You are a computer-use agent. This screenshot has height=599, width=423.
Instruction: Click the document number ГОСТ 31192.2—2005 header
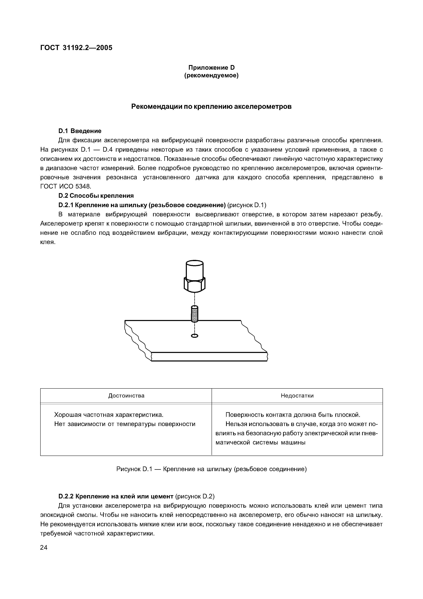[76, 48]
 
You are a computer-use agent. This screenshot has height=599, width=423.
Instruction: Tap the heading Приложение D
[211, 68]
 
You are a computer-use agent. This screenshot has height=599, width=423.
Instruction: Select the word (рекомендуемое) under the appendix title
[211, 76]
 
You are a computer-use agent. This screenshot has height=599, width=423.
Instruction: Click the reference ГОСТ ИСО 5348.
[66, 186]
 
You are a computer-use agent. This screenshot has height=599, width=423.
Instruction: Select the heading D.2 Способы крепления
[96, 196]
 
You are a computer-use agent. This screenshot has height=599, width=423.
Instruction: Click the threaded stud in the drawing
[194, 314]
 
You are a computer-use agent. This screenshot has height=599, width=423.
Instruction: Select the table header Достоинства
[126, 396]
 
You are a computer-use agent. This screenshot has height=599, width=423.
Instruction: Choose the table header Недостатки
[297, 396]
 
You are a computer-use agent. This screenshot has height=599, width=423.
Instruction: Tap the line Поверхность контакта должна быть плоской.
[293, 415]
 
